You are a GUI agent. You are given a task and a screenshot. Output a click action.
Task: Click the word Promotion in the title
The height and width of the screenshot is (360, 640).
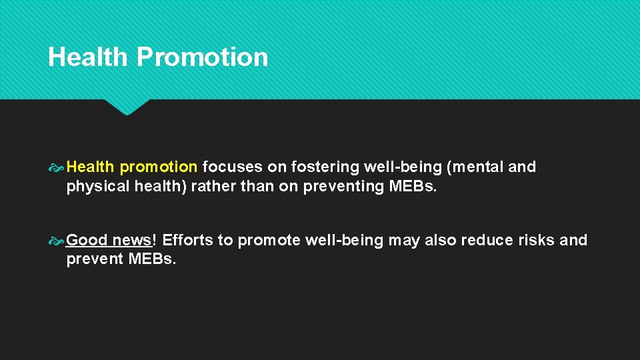202,57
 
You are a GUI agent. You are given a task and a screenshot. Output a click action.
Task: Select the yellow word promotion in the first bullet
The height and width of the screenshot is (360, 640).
159,167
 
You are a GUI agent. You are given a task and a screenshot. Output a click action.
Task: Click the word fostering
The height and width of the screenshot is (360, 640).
325,167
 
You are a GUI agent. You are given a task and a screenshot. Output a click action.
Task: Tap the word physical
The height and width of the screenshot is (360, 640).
97,186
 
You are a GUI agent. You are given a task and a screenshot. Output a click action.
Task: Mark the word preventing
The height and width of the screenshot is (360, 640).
343,186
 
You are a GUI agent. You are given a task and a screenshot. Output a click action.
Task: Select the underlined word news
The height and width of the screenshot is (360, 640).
133,240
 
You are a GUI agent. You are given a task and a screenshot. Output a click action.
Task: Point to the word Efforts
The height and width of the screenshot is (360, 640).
188,240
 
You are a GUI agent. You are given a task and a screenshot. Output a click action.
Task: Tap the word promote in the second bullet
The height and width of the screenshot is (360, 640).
269,240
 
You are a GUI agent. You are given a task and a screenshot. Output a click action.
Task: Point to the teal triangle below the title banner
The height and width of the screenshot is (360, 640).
127,106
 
